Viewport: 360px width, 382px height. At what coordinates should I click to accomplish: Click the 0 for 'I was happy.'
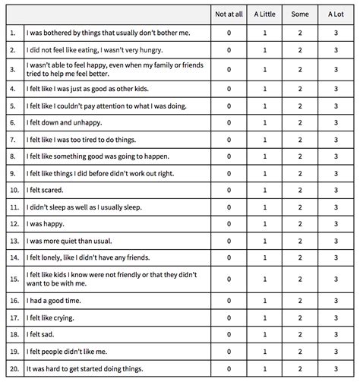coord(228,224)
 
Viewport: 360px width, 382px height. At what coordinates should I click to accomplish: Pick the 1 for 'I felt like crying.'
coord(264,317)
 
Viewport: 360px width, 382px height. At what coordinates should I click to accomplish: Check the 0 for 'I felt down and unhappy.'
coord(228,122)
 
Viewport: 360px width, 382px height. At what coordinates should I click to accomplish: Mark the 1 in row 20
coord(264,368)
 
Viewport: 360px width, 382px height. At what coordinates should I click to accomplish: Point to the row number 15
coord(13,279)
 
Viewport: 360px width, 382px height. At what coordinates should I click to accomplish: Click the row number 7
coord(12,140)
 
